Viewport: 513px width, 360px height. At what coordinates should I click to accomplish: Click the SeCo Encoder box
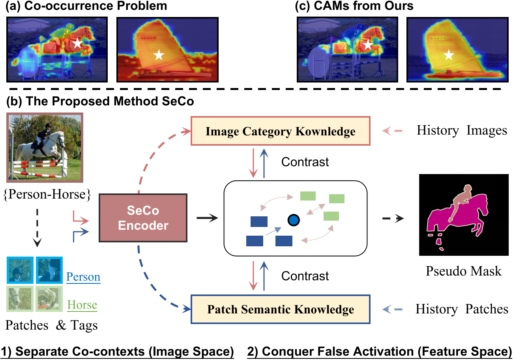coord(142,218)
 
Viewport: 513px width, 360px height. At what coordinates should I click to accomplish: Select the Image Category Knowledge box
coord(280,131)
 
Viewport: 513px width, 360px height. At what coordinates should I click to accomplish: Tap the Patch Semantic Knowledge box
coord(280,309)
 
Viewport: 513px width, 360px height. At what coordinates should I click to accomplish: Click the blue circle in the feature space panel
coord(293,220)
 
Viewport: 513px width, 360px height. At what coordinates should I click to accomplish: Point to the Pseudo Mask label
coord(464,271)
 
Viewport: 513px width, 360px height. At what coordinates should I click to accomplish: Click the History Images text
coord(462,130)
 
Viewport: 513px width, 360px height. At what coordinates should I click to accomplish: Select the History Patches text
coord(462,309)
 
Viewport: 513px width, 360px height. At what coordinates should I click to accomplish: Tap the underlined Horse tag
coord(82,305)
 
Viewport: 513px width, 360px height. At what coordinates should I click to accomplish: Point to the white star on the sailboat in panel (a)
coord(159,55)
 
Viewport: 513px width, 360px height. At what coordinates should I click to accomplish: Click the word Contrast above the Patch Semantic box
coord(305,275)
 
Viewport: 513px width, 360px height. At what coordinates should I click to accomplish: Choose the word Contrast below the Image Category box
coord(305,162)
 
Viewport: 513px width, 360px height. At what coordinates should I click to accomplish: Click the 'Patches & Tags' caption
coord(51,325)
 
